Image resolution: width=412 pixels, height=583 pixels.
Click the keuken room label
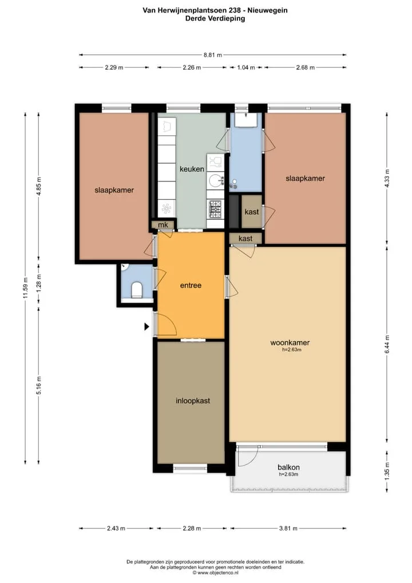tap(192, 169)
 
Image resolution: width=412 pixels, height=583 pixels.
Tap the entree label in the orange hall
tap(191, 286)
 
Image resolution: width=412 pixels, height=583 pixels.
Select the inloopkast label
tap(193, 401)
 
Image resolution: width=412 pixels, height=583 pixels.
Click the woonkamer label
tap(290, 343)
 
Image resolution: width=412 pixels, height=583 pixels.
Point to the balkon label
tap(288, 467)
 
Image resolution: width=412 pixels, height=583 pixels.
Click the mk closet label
tap(163, 225)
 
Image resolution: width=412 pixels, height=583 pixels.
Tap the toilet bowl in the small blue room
tap(137, 290)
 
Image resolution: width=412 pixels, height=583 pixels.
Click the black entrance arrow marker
tap(146, 327)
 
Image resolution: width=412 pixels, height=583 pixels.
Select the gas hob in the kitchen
tap(215, 209)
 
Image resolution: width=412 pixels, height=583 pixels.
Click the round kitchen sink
tap(215, 181)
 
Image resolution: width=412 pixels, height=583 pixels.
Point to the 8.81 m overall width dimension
tap(212, 55)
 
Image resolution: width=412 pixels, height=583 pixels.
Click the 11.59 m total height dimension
tap(25, 288)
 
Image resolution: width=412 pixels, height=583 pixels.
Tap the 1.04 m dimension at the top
tap(246, 68)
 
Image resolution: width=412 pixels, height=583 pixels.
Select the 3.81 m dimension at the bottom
tap(288, 529)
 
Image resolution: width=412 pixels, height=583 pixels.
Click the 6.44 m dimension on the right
tap(387, 345)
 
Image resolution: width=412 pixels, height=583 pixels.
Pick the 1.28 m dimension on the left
tap(39, 283)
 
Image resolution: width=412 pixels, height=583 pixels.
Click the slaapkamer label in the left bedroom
tap(114, 190)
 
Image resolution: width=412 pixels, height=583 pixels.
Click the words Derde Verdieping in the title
tap(215, 18)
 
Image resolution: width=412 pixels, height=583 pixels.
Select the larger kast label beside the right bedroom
tap(252, 212)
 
